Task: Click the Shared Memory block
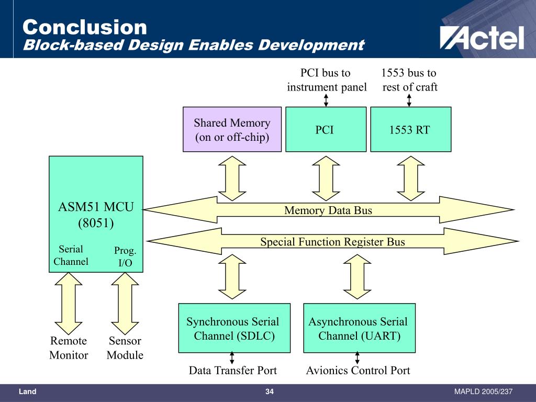pos(232,129)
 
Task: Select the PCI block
pos(326,129)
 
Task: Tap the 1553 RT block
pos(410,129)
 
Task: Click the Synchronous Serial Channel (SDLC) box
pos(234,328)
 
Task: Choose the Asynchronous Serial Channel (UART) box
pos(359,328)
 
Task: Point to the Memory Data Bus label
pos(328,210)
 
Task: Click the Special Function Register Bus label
pos(332,242)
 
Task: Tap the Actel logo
pos(482,38)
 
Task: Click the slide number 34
pos(270,392)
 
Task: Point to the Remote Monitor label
pos(69,348)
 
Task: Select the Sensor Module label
pos(125,348)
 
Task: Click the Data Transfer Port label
pos(232,371)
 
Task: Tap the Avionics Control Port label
pos(358,371)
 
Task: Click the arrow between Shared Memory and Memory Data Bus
pos(232,178)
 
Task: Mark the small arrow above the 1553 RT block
pos(409,100)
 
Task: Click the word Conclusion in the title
pos(85,27)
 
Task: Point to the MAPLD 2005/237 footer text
pos(483,392)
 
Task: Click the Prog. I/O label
pos(125,256)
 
